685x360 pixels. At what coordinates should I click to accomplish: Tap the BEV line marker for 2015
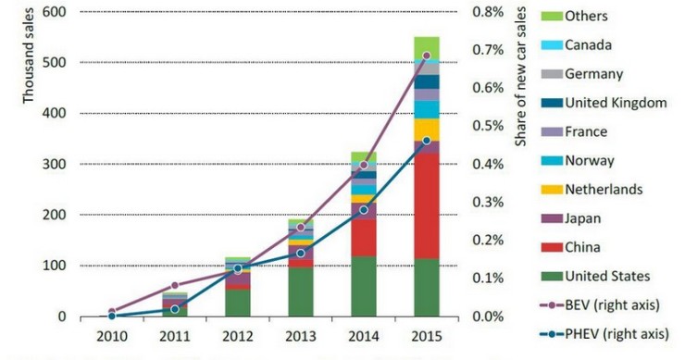coord(426,56)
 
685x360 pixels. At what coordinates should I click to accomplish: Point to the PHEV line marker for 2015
coord(426,141)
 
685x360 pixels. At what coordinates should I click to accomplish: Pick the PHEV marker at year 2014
coord(363,210)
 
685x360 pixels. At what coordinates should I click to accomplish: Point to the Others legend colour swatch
coord(552,17)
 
